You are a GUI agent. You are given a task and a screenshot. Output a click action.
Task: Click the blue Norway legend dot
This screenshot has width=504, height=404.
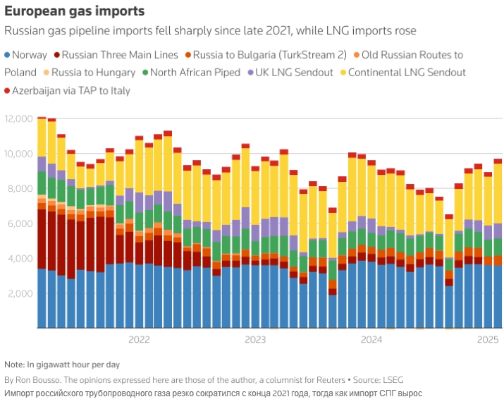coord(8,54)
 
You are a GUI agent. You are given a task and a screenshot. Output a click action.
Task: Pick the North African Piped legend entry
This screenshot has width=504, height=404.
coord(195,72)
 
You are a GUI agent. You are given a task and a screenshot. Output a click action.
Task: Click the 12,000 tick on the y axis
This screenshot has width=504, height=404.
coord(19,118)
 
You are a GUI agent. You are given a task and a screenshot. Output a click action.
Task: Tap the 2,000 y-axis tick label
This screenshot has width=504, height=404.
coord(21,293)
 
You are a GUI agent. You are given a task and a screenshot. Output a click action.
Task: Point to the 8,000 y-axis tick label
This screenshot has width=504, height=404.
coord(21,188)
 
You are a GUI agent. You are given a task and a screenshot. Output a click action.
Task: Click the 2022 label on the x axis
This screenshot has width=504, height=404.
coord(139,340)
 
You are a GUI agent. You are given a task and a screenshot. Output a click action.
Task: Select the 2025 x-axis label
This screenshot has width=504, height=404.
coord(488,340)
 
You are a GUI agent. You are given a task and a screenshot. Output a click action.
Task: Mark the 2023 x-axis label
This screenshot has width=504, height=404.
coord(255,340)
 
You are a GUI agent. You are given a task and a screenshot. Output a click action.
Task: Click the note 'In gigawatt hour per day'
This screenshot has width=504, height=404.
coord(69,365)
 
